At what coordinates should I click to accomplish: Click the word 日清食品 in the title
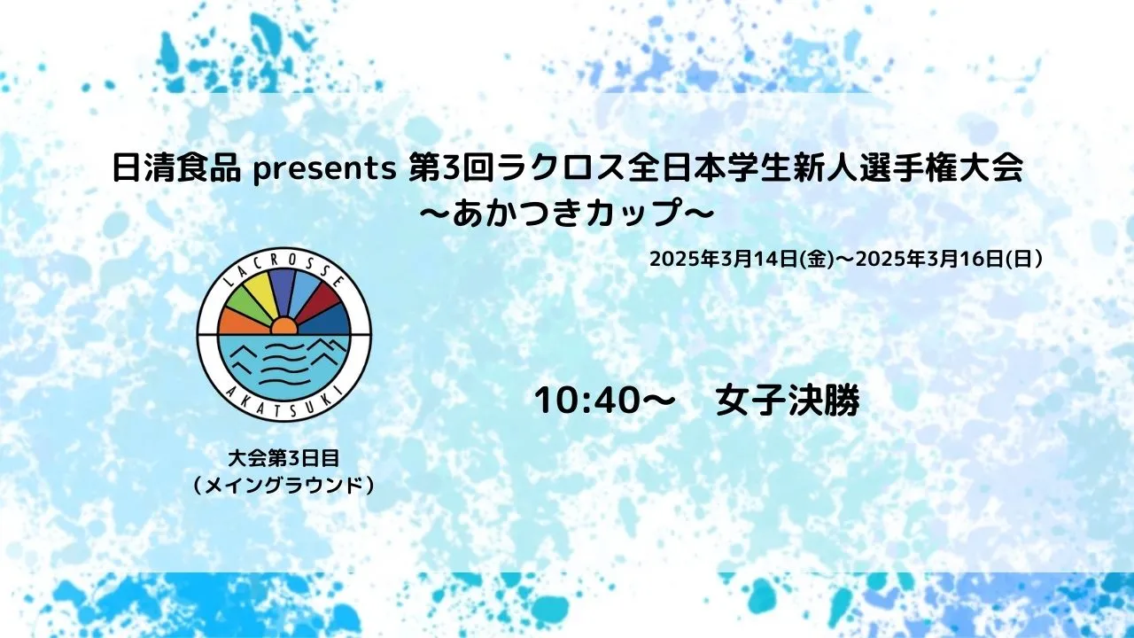pos(176,168)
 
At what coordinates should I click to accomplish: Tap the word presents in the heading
pos(324,170)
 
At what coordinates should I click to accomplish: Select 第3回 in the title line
pos(452,168)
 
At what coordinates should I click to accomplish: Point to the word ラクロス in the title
pos(559,168)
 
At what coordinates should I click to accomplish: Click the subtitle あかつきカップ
pos(566,214)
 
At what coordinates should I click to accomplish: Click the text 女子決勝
pos(788,401)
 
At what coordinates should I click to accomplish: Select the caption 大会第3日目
pos(283,459)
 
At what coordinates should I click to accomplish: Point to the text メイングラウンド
pos(283,486)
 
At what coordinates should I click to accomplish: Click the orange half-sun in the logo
pos(283,327)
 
